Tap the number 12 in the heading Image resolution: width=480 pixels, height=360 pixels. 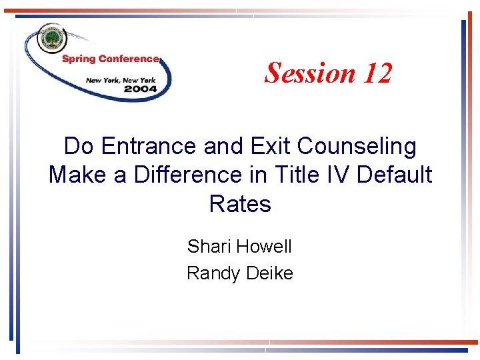point(377,73)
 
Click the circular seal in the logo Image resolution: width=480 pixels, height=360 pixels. point(50,41)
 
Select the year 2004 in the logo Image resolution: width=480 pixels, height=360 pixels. point(140,89)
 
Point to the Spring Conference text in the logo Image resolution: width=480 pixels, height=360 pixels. point(111,59)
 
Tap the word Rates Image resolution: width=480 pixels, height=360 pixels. point(240,203)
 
